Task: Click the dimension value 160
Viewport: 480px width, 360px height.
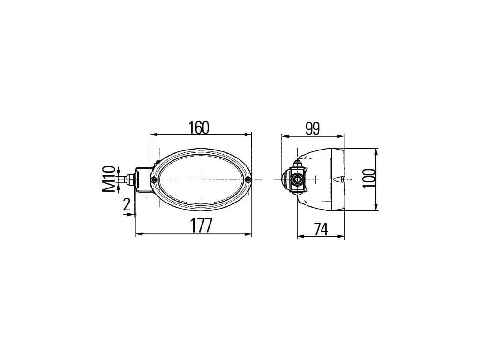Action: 199,127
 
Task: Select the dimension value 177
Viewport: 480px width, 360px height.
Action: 201,226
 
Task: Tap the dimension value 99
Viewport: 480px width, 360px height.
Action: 313,128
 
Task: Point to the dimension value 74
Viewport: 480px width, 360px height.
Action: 321,229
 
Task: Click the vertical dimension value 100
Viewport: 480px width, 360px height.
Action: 369,179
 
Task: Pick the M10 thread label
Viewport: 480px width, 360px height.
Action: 109,179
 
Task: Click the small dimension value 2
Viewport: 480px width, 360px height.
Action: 127,204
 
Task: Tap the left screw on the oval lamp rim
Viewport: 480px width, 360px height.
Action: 154,180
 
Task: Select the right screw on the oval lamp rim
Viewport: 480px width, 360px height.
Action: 248,180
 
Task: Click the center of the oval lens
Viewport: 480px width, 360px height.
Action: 201,180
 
